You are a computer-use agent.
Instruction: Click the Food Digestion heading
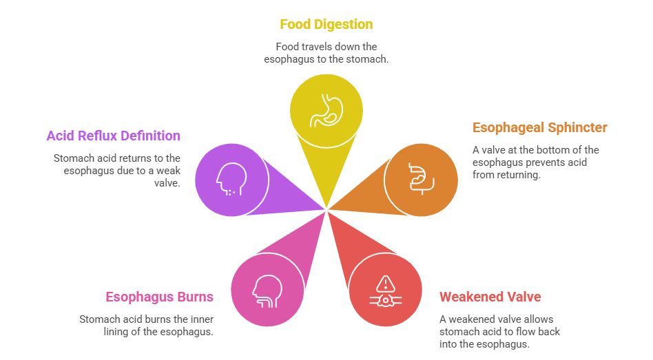(326, 25)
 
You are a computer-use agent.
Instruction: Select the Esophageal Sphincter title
(540, 128)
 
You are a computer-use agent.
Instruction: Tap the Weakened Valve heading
(490, 297)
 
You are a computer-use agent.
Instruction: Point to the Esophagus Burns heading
(160, 297)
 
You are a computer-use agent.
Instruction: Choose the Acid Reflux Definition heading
(113, 136)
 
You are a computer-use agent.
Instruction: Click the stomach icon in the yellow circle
(326, 110)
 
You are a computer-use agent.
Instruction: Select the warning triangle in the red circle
(386, 284)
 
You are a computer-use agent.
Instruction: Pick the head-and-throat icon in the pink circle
(267, 291)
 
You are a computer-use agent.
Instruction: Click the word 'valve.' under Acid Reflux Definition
(167, 183)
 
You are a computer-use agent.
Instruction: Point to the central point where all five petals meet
(326, 210)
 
